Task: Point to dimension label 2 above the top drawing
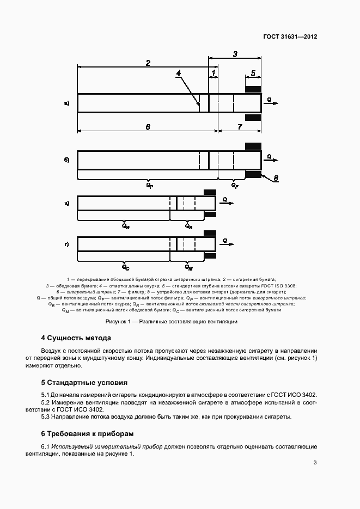pyautogui.click(x=148, y=63)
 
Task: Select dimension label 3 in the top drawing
pyautogui.click(x=235, y=54)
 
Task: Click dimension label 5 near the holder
pyautogui.click(x=253, y=73)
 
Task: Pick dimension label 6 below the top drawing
pyautogui.click(x=148, y=127)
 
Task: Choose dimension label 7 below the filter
pyautogui.click(x=240, y=127)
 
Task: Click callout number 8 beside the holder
pyautogui.click(x=276, y=178)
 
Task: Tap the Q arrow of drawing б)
pyautogui.click(x=271, y=158)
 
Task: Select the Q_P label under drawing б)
pyautogui.click(x=150, y=186)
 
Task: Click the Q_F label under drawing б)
pyautogui.click(x=235, y=186)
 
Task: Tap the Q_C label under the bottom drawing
pyautogui.click(x=126, y=267)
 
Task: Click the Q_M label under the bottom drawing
pyautogui.click(x=188, y=267)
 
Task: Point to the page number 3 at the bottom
pyautogui.click(x=315, y=463)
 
